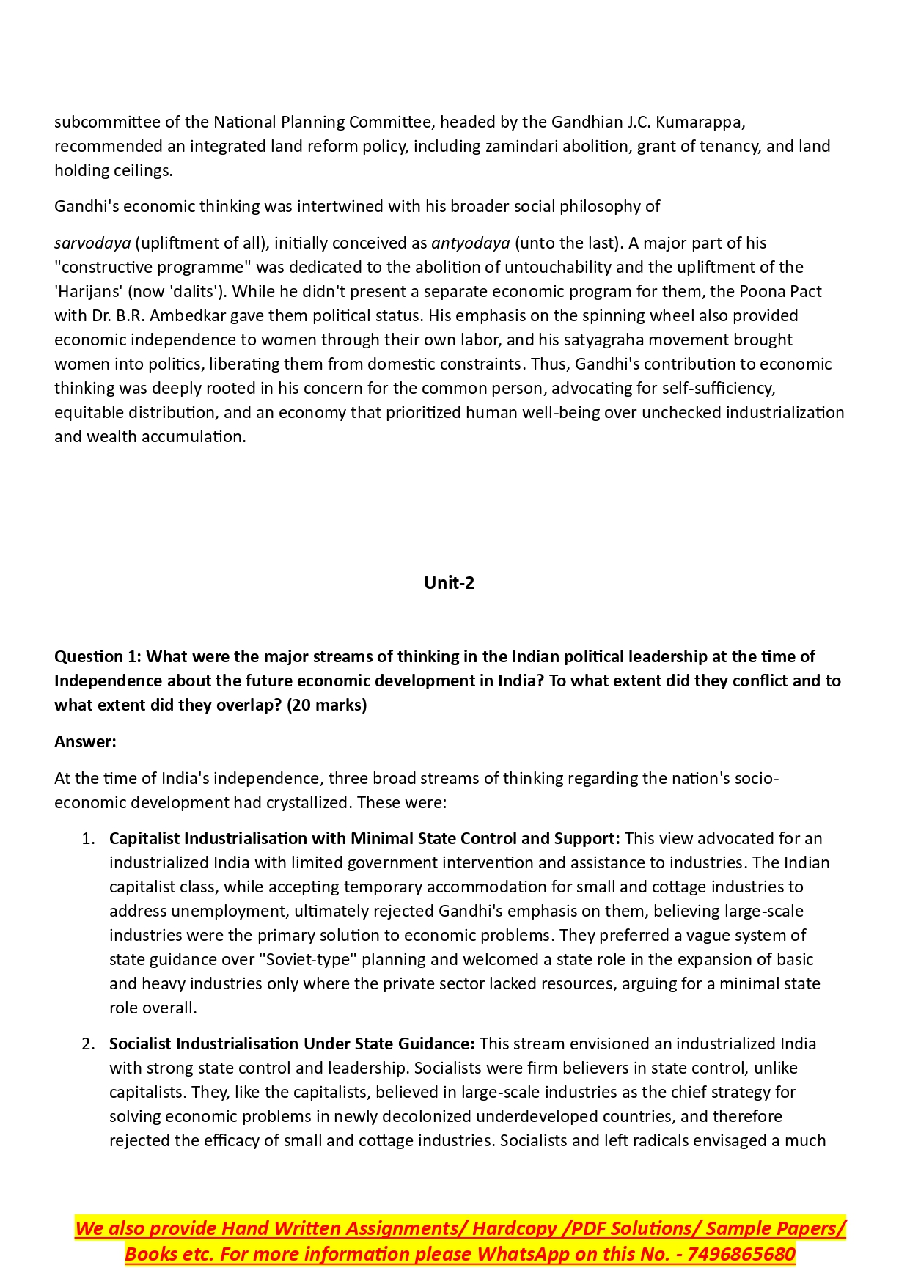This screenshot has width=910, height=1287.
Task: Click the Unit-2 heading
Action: pyautogui.click(x=449, y=583)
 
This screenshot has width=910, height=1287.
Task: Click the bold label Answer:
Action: pyautogui.click(x=85, y=741)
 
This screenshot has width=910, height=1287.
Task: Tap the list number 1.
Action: pyautogui.click(x=88, y=838)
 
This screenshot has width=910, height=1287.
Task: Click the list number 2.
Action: pyautogui.click(x=88, y=1044)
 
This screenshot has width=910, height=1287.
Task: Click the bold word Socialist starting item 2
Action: pyautogui.click(x=140, y=1044)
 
